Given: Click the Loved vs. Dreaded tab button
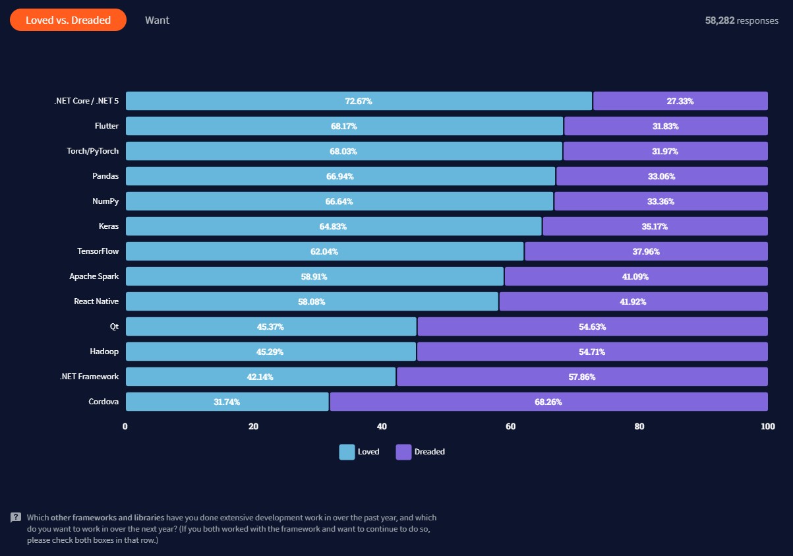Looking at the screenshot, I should [x=68, y=20].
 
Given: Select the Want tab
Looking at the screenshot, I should [x=157, y=20].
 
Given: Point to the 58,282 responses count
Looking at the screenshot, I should [x=742, y=20].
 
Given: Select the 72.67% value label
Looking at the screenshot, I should [x=359, y=101].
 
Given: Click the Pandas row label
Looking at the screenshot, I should [x=105, y=176].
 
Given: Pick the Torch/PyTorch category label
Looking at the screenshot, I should [x=93, y=151].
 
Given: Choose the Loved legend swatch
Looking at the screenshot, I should [x=347, y=452].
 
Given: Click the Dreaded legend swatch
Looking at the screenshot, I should [x=403, y=452].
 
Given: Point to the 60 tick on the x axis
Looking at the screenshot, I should [x=510, y=426].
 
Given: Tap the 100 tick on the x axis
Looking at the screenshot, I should [x=767, y=426].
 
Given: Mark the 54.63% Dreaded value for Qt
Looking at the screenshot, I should [x=592, y=326].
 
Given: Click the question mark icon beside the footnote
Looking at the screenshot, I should [x=16, y=518].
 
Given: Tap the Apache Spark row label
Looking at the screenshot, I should [x=94, y=276].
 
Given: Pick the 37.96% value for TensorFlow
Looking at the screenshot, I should [x=646, y=251].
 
